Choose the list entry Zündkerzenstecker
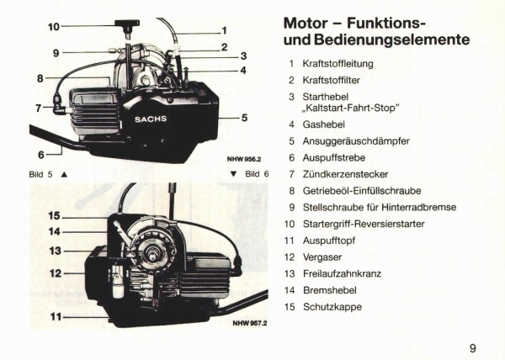(x=343, y=174)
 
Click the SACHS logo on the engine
(x=151, y=119)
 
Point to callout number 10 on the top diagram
(x=54, y=27)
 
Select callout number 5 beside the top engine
(x=244, y=118)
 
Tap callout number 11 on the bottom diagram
(x=54, y=317)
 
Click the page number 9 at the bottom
(x=473, y=347)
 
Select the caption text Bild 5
(x=40, y=174)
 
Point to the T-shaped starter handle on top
(x=131, y=28)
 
